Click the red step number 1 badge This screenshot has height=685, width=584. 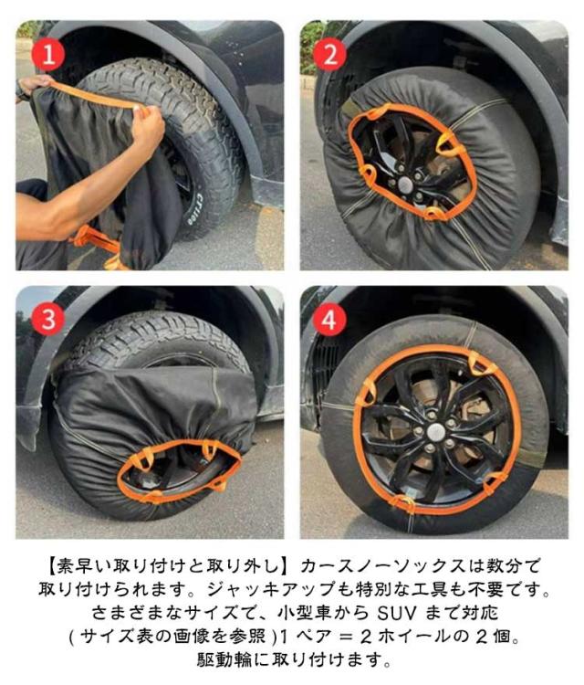pyautogui.click(x=48, y=55)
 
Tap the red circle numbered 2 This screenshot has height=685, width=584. pyautogui.click(x=330, y=55)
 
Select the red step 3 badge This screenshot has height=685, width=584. pyautogui.click(x=48, y=319)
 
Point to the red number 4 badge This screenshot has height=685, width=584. pyautogui.click(x=329, y=320)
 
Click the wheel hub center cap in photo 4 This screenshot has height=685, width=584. pyautogui.click(x=436, y=432)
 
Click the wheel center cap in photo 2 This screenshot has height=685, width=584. pyautogui.click(x=406, y=184)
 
